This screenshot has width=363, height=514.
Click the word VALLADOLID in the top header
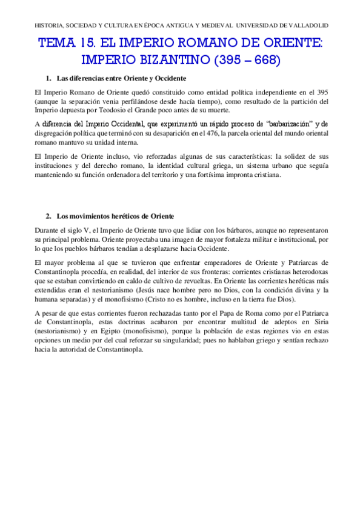307,27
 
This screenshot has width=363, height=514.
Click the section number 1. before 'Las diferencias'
49,79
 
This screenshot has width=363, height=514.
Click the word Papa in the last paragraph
212,313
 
